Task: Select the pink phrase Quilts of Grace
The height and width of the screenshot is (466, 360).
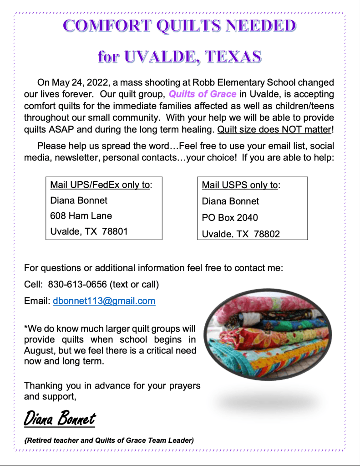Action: (x=203, y=94)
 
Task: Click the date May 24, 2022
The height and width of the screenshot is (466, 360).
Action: (x=74, y=82)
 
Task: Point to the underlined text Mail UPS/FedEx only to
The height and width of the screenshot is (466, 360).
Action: (x=100, y=184)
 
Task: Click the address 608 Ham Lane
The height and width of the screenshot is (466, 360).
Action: (x=81, y=215)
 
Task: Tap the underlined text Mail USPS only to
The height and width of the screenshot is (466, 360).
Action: (x=241, y=185)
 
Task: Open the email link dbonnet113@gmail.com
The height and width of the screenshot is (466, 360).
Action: (x=104, y=301)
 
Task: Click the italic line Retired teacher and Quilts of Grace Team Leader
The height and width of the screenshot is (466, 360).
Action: (x=109, y=440)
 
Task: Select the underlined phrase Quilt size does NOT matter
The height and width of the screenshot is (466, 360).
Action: (x=274, y=129)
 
